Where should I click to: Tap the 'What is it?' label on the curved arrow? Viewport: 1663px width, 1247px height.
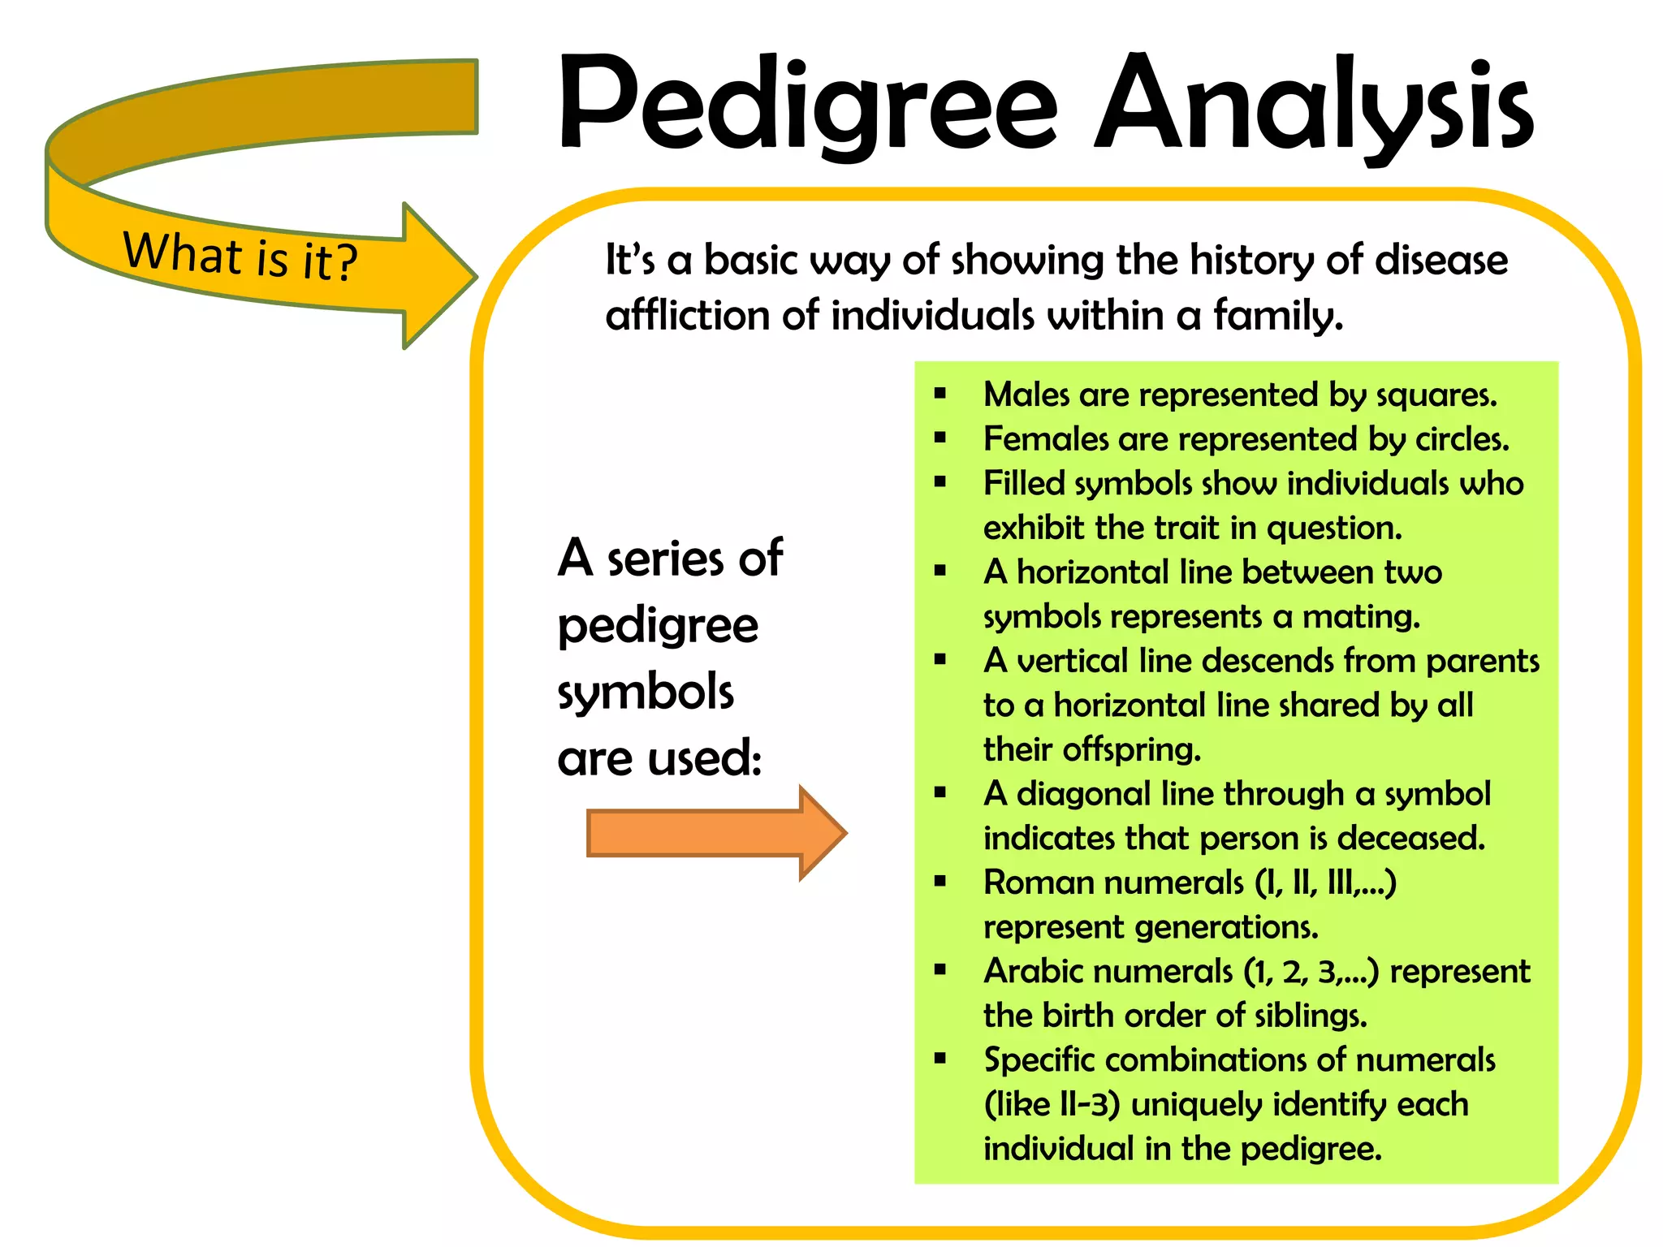[240, 256]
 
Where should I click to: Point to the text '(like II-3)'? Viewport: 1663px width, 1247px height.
[1052, 1104]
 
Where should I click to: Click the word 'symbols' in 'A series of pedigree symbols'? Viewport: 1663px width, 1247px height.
[646, 693]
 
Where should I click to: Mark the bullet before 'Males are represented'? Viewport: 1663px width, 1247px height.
[940, 395]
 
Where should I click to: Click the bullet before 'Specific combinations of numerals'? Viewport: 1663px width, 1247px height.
[940, 1059]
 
